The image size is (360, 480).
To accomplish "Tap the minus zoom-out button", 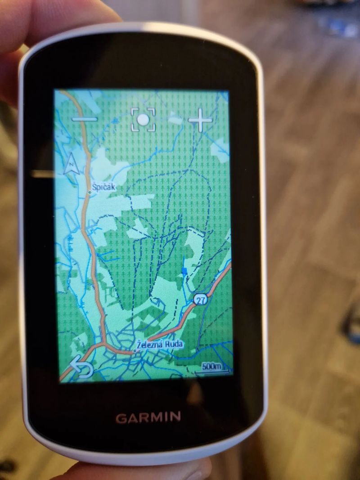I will (x=84, y=119).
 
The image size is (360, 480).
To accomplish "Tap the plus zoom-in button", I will (x=200, y=120).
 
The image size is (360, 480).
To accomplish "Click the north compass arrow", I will (x=71, y=165).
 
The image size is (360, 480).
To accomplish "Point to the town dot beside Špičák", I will (x=90, y=192).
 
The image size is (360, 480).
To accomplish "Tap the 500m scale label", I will (x=211, y=366).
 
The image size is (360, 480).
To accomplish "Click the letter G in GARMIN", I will (x=121, y=417).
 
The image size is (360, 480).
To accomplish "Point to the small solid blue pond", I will (x=184, y=271).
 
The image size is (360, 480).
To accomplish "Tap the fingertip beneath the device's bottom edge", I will (x=189, y=470).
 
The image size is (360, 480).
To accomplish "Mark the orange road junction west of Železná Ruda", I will (x=104, y=344).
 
